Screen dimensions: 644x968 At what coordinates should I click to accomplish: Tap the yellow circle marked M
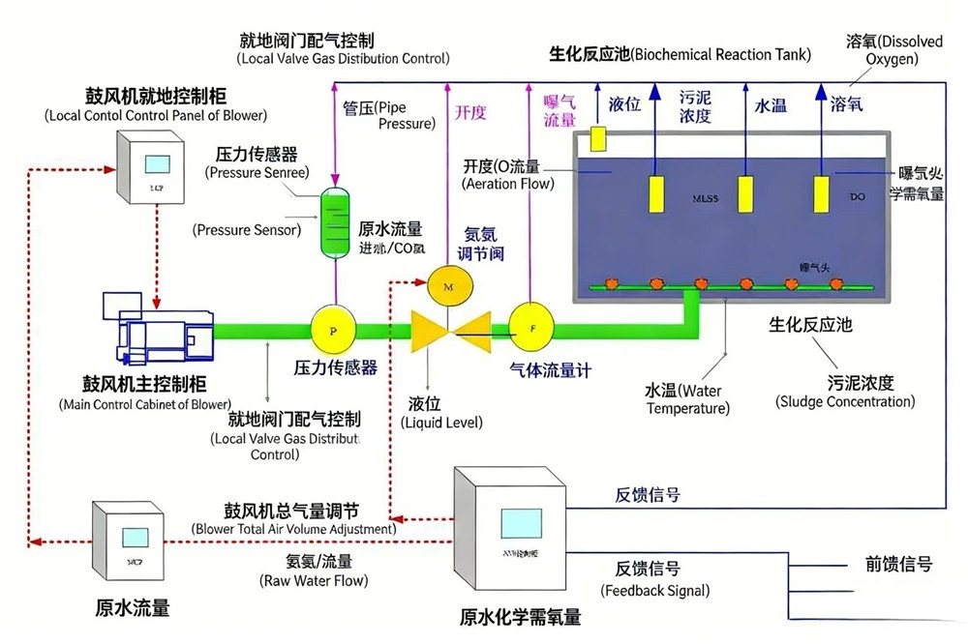click(x=447, y=287)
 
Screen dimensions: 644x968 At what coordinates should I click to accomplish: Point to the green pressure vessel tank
click(x=336, y=222)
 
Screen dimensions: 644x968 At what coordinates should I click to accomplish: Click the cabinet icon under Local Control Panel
click(x=154, y=167)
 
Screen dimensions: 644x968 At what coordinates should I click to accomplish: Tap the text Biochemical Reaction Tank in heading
click(x=721, y=55)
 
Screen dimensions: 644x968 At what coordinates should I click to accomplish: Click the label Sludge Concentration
click(x=844, y=401)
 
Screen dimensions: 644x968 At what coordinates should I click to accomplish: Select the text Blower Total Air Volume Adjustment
click(x=293, y=529)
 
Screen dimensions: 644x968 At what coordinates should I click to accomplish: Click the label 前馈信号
click(x=897, y=564)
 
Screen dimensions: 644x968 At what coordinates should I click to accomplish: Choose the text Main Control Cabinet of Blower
click(x=145, y=403)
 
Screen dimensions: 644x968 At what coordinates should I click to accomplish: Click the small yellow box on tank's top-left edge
click(x=597, y=138)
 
